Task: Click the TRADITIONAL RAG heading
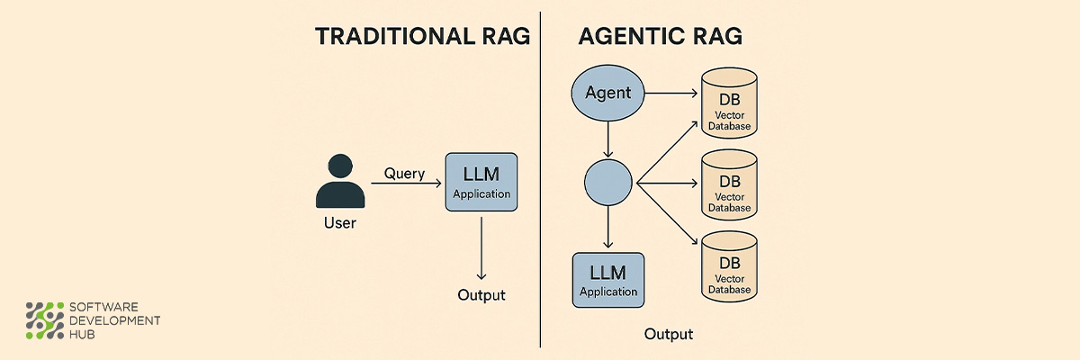tap(422, 37)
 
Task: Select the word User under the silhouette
tap(339, 223)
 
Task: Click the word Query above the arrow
tap(404, 174)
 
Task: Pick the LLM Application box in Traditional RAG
tap(481, 183)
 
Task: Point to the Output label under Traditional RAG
tap(481, 295)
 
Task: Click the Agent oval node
tap(608, 93)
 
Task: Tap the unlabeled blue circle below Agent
tap(609, 183)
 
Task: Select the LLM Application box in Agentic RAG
tap(608, 280)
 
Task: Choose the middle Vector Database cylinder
tap(729, 185)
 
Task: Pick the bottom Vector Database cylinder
tap(729, 266)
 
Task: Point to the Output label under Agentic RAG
tap(669, 335)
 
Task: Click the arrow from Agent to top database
tap(671, 93)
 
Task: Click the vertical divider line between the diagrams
tap(541, 180)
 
